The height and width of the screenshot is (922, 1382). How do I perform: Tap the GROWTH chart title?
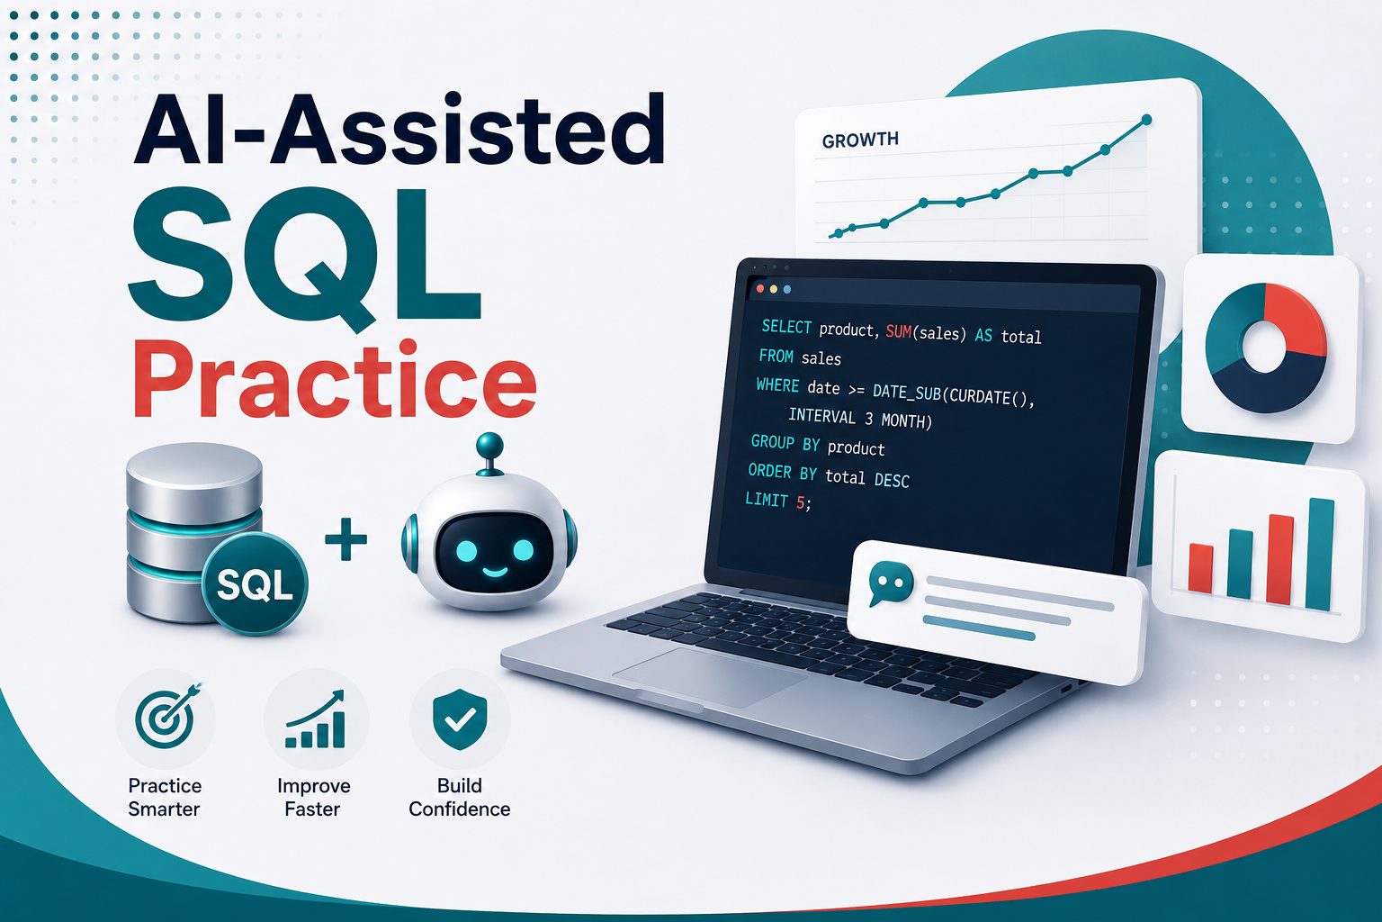click(x=860, y=140)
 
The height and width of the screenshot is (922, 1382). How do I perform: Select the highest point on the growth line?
click(x=1146, y=120)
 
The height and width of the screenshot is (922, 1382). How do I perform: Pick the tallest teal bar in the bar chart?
click(x=1320, y=554)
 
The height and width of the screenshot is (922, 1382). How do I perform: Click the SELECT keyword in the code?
click(x=786, y=327)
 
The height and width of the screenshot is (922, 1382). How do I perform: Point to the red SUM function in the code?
click(x=898, y=331)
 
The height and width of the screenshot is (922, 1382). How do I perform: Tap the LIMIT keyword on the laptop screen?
click(x=767, y=499)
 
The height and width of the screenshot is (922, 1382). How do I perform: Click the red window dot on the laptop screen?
click(x=760, y=288)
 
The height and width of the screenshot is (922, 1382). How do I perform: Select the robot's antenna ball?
click(x=489, y=445)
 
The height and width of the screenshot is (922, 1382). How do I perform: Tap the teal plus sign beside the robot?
click(x=346, y=539)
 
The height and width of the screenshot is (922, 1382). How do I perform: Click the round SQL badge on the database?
click(x=255, y=583)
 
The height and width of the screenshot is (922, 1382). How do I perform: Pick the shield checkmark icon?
click(x=460, y=719)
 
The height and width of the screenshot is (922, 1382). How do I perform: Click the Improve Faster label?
click(x=313, y=797)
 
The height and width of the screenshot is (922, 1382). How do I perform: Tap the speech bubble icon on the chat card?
click(x=890, y=583)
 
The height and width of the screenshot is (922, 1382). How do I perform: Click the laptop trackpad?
click(x=710, y=676)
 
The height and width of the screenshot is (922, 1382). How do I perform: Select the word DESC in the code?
click(x=893, y=480)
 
